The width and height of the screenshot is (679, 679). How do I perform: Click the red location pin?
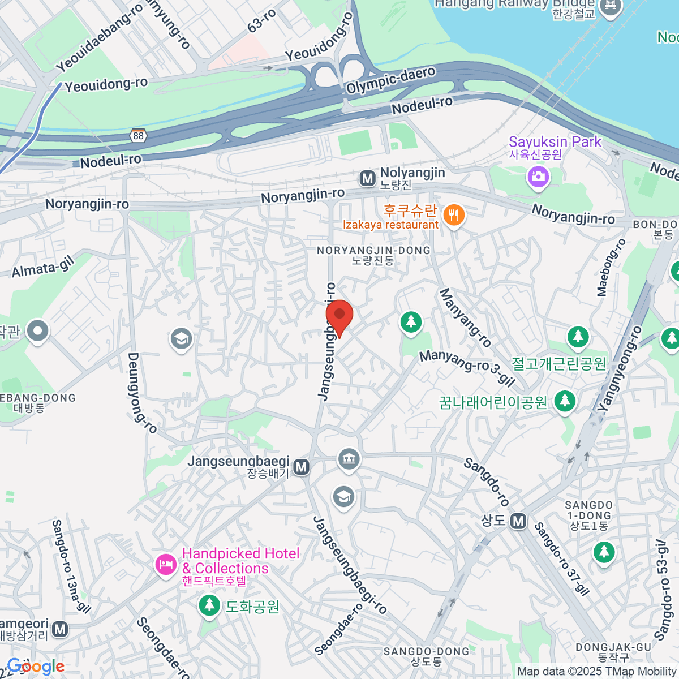(339, 317)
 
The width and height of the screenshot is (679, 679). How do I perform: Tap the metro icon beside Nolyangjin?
(368, 179)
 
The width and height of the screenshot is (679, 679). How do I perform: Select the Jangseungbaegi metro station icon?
(302, 467)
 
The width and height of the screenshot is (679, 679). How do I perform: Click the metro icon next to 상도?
(518, 521)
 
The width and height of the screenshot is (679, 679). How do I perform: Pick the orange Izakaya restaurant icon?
(453, 216)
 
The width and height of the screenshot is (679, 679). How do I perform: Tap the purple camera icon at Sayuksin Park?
(538, 177)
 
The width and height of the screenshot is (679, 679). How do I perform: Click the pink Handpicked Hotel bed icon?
(166, 564)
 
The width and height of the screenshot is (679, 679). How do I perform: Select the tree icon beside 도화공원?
(209, 606)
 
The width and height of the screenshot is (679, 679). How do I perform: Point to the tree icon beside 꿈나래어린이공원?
(564, 402)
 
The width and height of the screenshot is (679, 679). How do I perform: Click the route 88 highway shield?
(139, 136)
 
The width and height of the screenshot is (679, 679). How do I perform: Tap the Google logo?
(36, 667)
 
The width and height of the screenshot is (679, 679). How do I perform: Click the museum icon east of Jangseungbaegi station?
(349, 458)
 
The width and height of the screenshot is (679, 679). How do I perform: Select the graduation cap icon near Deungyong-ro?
(181, 339)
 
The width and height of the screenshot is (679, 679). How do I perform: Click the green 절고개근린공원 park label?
(558, 363)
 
